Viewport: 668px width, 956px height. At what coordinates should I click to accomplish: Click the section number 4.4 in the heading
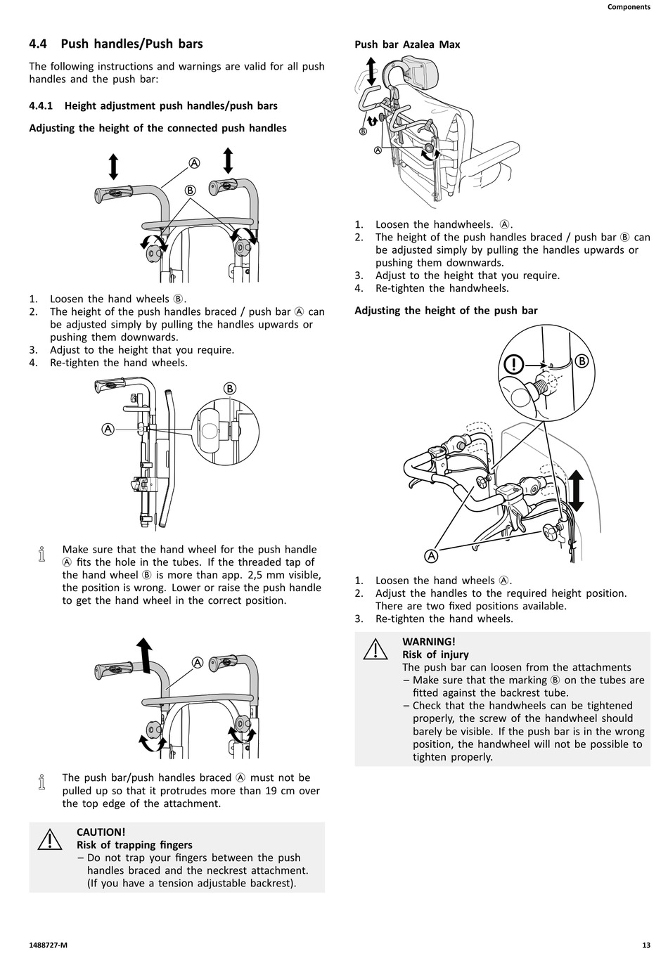(38, 44)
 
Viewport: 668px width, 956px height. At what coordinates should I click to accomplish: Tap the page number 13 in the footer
(645, 945)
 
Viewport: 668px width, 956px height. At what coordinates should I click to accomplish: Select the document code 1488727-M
(49, 945)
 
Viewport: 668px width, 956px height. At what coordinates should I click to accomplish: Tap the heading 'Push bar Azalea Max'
(407, 44)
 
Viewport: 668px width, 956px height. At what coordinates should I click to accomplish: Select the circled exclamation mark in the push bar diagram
(515, 364)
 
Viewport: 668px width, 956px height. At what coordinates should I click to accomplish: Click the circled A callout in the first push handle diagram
(194, 162)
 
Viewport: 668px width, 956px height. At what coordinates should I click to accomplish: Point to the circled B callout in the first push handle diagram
(190, 190)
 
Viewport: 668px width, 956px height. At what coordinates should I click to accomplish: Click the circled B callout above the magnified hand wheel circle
(230, 389)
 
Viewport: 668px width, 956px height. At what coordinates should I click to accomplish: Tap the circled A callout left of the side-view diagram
(108, 429)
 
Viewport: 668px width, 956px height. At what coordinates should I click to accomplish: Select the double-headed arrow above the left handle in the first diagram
(113, 167)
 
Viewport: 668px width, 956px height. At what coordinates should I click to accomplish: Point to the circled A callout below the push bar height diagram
(431, 556)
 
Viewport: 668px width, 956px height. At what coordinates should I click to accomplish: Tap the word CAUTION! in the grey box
(101, 832)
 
